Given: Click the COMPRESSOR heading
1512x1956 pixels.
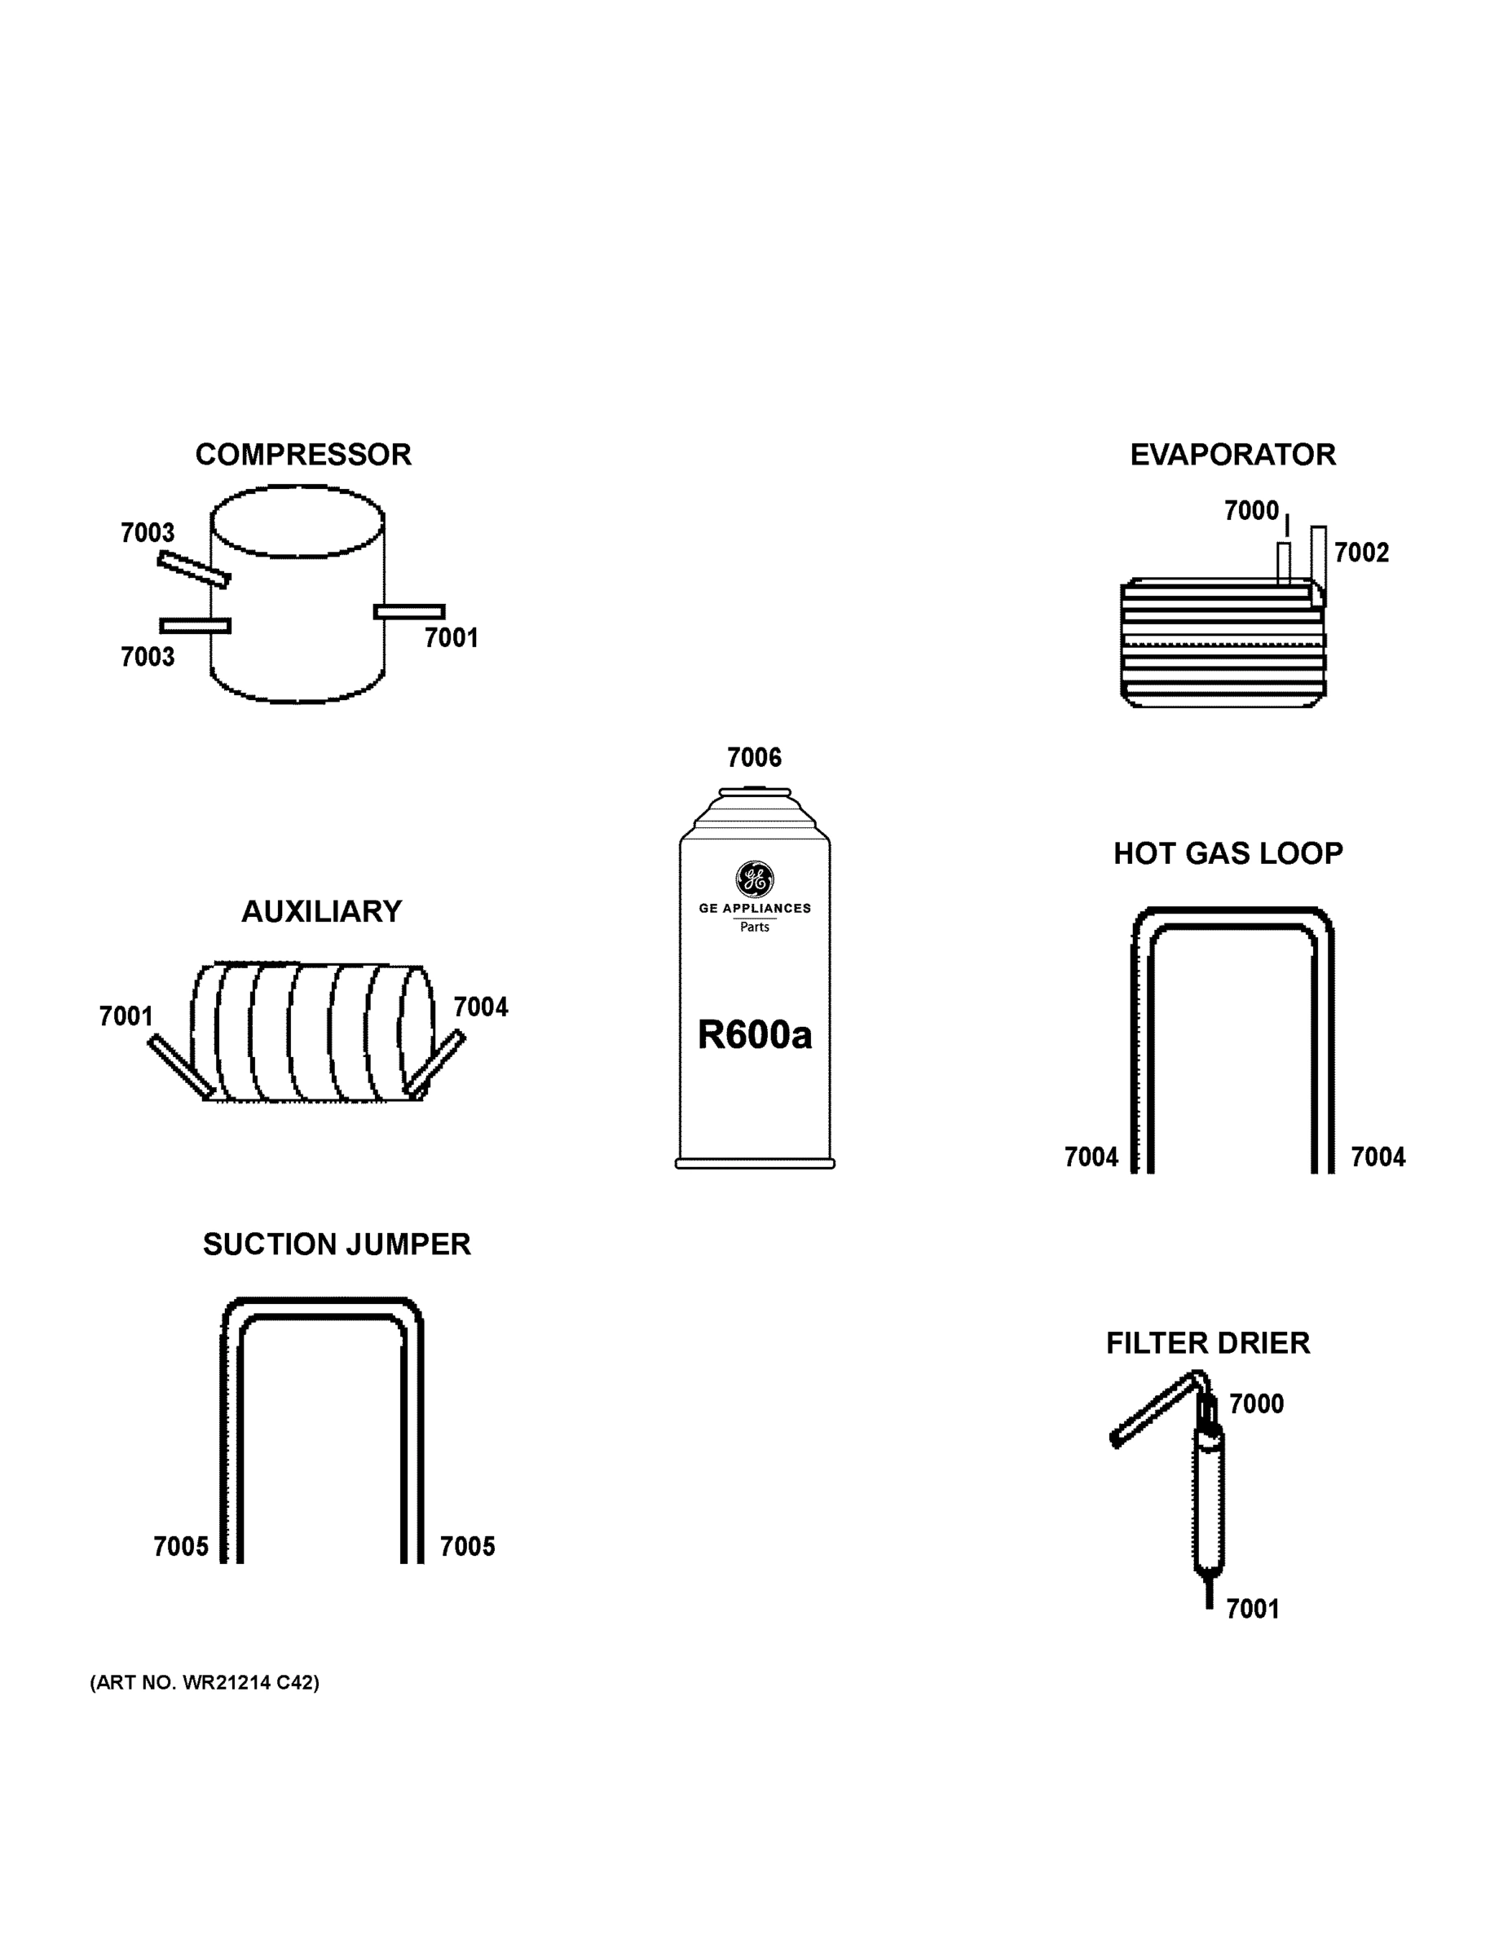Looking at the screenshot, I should [302, 455].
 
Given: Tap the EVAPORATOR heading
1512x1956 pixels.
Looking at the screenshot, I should [1232, 455].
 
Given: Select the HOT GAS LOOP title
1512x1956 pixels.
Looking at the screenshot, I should [1228, 853].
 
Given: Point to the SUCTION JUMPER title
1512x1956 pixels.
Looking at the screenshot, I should [336, 1245].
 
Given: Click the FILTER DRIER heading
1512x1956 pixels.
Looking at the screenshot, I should [1207, 1343].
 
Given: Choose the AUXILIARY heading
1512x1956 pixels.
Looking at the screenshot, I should [322, 912].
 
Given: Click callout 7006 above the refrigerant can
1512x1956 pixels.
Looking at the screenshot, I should [754, 758].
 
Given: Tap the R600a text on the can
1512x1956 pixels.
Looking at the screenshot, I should [754, 1035].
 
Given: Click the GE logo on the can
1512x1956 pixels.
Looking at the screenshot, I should [754, 879].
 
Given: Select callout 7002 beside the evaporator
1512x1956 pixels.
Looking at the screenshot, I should [1360, 553].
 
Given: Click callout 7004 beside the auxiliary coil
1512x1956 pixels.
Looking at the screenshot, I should [480, 1007].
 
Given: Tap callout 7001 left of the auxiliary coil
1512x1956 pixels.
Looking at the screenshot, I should [126, 1016].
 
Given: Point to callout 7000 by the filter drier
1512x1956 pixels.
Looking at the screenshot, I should [1256, 1404].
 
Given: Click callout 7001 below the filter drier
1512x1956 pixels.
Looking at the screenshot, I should [1252, 1610].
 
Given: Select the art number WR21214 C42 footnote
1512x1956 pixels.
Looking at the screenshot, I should [205, 1683].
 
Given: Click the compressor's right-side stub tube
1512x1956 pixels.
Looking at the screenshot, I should [409, 612].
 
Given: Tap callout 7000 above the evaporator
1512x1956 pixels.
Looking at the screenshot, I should [1251, 510].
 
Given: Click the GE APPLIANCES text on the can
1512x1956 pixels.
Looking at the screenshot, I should [754, 908].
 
